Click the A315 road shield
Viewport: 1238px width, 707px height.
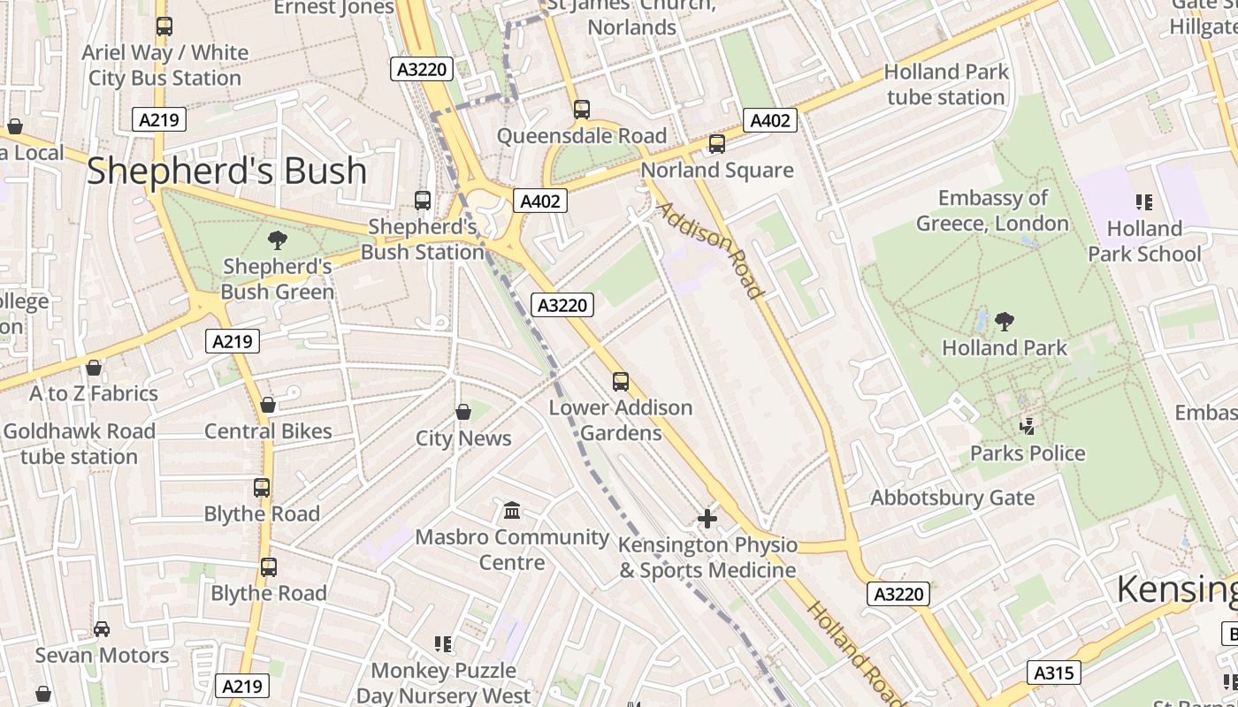click(1054, 673)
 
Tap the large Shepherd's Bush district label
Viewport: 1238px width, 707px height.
click(226, 171)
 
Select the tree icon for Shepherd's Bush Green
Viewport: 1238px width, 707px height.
click(278, 239)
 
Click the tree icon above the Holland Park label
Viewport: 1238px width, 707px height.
click(1004, 322)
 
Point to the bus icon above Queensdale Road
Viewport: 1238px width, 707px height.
click(581, 110)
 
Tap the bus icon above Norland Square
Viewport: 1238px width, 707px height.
click(716, 143)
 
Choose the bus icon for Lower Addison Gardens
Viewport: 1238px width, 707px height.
click(621, 382)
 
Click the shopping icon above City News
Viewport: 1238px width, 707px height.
click(463, 412)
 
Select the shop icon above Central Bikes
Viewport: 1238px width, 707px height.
click(268, 405)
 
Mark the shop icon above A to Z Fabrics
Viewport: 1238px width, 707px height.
click(94, 367)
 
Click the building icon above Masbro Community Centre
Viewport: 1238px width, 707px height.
click(512, 511)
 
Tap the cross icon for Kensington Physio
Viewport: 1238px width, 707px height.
click(707, 519)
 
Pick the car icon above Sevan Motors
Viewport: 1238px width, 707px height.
click(102, 629)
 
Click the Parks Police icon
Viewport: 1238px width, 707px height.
click(1028, 427)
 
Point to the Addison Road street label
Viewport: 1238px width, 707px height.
click(709, 251)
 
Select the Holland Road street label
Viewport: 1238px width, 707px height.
click(855, 653)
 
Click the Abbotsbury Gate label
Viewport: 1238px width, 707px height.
click(952, 498)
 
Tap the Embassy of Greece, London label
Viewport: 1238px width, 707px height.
click(992, 210)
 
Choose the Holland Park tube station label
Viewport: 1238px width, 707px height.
click(946, 84)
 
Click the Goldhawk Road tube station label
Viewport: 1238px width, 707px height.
click(80, 444)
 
